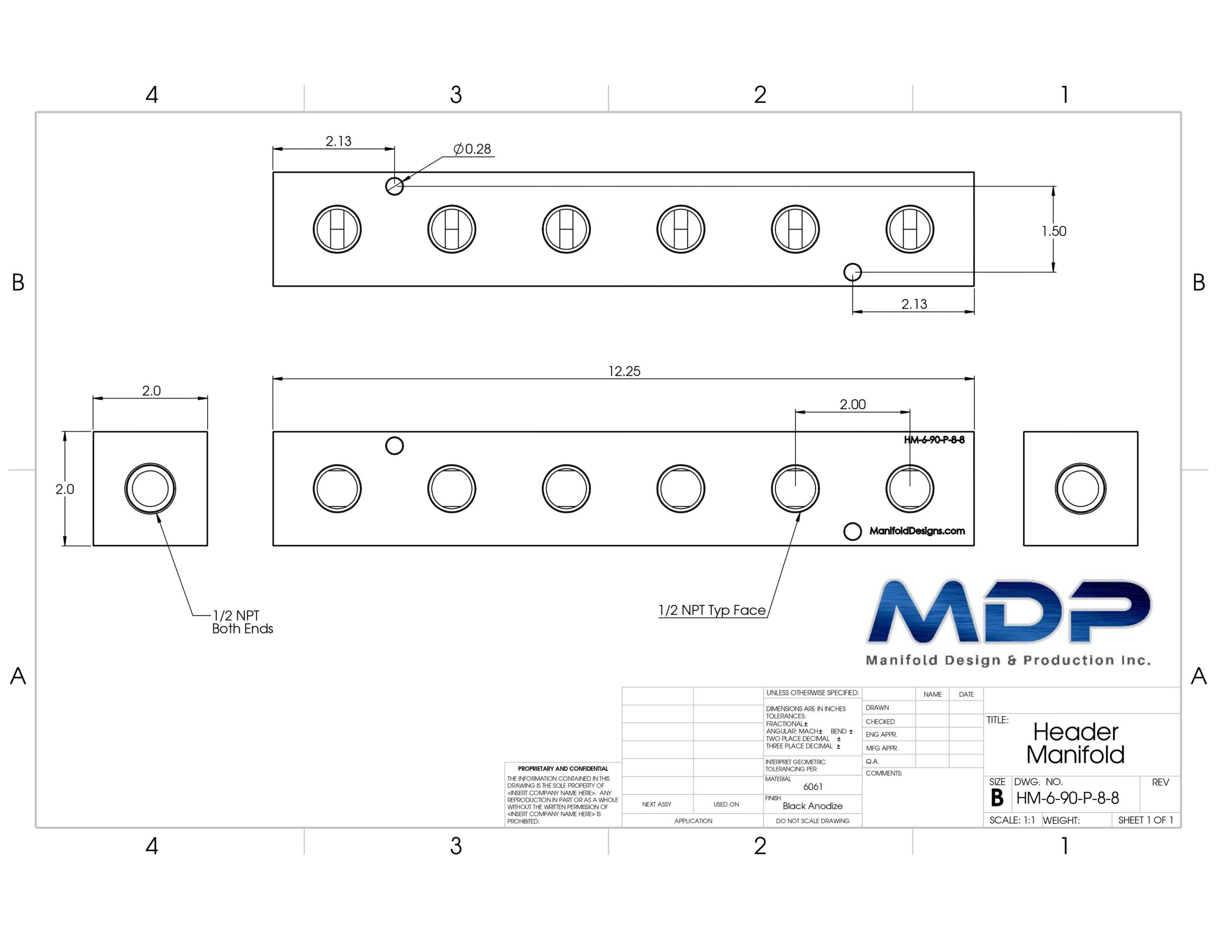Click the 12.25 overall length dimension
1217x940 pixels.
coord(624,371)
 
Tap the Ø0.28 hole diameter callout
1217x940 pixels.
coord(472,149)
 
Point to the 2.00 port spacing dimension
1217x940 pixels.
coord(852,404)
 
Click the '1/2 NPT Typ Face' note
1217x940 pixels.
coord(712,610)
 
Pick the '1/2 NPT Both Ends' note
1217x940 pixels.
coord(242,622)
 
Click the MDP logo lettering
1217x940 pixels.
coord(1009,611)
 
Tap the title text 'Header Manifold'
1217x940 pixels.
coord(1075,743)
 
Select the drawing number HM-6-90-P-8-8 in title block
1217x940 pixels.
coord(1067,798)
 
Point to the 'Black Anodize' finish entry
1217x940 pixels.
coord(812,806)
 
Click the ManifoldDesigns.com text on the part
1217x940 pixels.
coord(917,531)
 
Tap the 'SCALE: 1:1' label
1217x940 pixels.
coord(1012,820)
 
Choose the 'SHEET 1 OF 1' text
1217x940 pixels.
coord(1146,820)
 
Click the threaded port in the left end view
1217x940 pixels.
coord(150,488)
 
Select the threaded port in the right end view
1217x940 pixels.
coord(1081,488)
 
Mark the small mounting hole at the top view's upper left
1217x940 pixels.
coord(395,186)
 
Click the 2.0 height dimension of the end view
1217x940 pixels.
coord(65,489)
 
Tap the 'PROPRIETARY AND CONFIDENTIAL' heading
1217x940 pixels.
coord(563,768)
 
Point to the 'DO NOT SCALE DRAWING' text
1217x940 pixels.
coord(812,821)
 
